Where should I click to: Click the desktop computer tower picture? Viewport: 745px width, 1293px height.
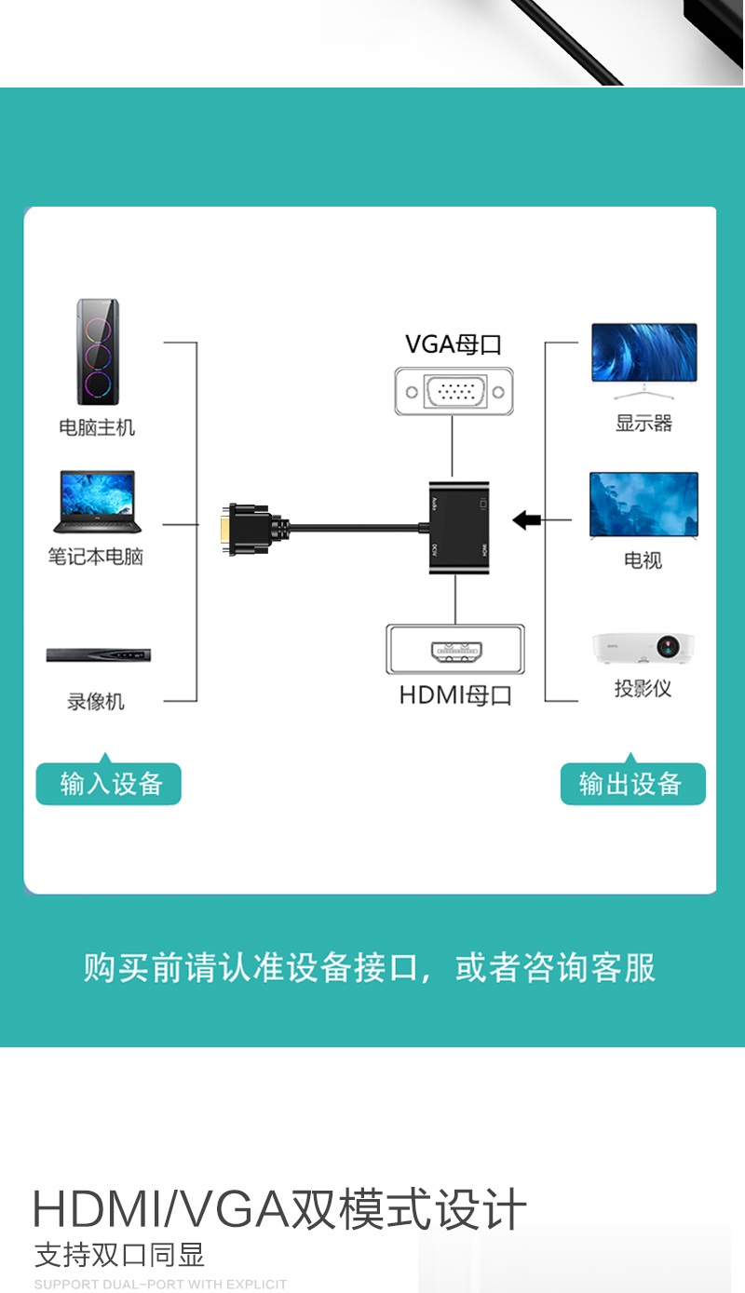(x=98, y=352)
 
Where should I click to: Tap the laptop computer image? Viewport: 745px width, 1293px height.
(x=97, y=503)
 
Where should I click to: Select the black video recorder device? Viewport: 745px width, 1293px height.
(x=98, y=655)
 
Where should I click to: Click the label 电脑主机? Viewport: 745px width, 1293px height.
(x=97, y=427)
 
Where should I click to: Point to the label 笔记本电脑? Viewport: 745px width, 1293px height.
(x=96, y=557)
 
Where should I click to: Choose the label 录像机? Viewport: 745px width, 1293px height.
(x=96, y=702)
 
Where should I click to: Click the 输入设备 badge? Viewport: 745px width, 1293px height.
(x=109, y=784)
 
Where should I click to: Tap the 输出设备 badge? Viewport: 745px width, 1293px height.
(x=632, y=784)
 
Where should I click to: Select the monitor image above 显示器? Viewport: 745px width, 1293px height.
(x=643, y=353)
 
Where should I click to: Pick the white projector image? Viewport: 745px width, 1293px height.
(x=643, y=648)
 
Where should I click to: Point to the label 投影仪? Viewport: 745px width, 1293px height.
(x=643, y=689)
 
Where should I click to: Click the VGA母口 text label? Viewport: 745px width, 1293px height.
(x=454, y=344)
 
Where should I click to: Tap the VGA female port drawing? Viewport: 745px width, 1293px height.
(x=454, y=391)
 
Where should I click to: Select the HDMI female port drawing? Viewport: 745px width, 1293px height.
(x=455, y=650)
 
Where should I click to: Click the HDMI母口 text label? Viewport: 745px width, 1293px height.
(x=455, y=695)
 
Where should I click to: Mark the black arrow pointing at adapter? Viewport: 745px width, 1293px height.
(x=527, y=520)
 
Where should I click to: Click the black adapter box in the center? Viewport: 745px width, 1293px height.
(x=459, y=528)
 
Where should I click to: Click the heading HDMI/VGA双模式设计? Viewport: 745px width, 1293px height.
(x=279, y=1210)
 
